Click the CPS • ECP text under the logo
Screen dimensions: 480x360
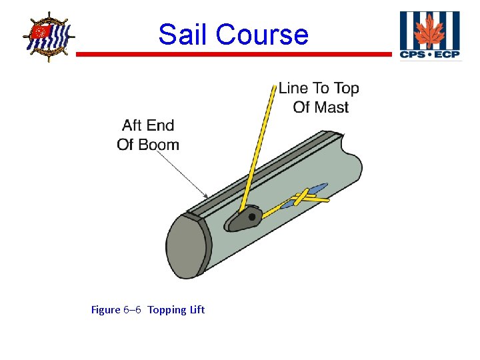coord(429,54)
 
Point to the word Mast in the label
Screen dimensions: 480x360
coord(331,107)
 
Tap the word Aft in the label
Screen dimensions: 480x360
coord(133,125)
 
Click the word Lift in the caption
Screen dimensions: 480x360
coord(197,309)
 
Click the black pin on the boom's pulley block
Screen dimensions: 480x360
coord(252,216)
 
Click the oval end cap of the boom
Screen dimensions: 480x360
coord(186,245)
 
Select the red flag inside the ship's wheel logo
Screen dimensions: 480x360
coord(41,31)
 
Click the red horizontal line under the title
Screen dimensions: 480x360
coord(233,54)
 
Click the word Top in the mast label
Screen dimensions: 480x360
coord(347,88)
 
